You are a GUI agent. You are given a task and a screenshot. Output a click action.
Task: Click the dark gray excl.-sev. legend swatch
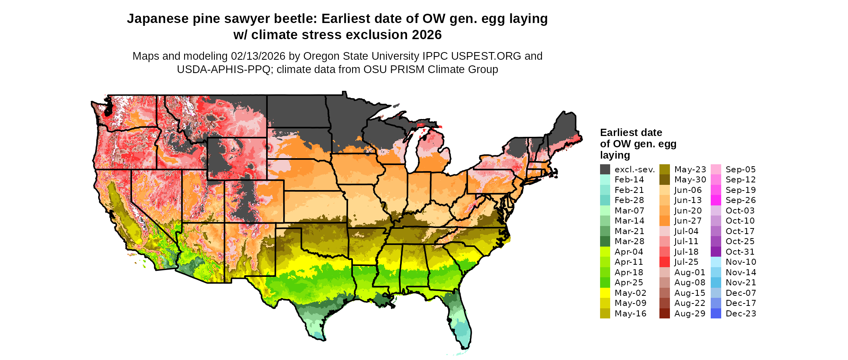[605, 170]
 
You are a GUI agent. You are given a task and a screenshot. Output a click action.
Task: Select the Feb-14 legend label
[629, 180]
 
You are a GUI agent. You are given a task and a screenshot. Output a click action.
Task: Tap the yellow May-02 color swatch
[605, 293]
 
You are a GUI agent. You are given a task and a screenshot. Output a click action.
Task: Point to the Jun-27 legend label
[688, 221]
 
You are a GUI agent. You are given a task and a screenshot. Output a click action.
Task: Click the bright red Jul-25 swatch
[664, 262]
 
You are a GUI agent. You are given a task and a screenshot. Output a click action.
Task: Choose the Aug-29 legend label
[690, 314]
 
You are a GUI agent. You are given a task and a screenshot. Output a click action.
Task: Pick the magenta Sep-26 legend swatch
[716, 200]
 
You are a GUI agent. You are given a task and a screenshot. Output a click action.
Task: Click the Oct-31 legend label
[740, 252]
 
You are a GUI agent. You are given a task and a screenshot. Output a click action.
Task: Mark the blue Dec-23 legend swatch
[716, 314]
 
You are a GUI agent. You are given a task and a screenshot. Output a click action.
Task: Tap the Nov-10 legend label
[741, 262]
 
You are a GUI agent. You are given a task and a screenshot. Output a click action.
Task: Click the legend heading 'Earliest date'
[631, 132]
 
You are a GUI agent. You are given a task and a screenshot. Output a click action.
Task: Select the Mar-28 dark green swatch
[605, 241]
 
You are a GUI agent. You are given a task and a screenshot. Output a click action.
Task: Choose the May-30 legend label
[690, 180]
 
